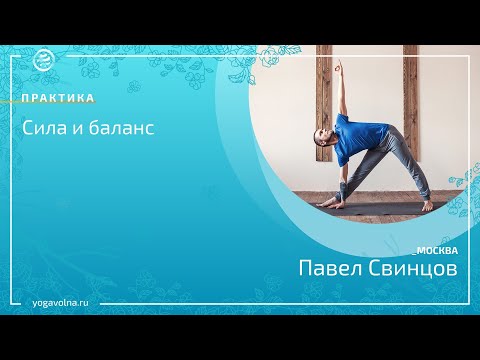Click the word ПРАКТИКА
[60, 98]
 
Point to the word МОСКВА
[436, 250]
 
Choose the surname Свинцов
[414, 271]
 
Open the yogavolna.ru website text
[67, 301]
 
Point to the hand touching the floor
[324, 200]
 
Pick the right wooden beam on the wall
[410, 100]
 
